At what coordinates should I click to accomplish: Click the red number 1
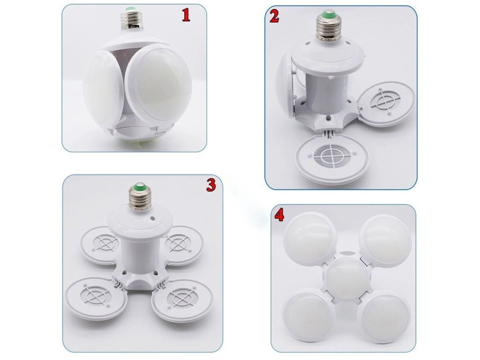[186, 15]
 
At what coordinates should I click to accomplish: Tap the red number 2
[274, 16]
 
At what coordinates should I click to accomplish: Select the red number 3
[211, 185]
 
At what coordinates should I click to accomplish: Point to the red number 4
[279, 215]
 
